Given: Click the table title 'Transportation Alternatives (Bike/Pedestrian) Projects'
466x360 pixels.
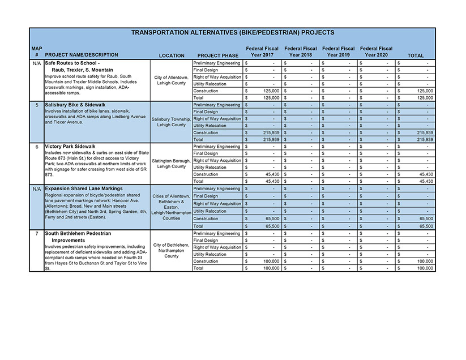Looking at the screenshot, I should [233, 33].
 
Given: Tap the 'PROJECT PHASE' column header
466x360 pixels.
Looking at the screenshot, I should [218, 55].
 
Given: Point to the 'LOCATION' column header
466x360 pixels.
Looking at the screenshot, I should [172, 55].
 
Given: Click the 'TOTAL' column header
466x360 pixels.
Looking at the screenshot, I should [416, 55].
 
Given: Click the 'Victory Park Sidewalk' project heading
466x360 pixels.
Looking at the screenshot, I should [70, 147].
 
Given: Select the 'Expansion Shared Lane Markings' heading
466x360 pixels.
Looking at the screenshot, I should [83, 188].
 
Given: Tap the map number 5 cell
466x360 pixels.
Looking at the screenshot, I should [36, 105].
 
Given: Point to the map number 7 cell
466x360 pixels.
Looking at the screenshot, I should [36, 233].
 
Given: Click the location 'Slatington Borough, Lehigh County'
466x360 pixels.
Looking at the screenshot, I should [172, 164].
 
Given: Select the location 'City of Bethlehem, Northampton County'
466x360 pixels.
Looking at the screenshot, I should [172, 250].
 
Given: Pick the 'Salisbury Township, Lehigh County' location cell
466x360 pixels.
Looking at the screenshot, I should [172, 122].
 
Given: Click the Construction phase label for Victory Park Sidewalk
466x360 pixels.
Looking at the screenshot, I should [206, 174].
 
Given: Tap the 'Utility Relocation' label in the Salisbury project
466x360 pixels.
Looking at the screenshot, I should [210, 126].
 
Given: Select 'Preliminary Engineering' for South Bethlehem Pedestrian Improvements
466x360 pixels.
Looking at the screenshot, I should [217, 233].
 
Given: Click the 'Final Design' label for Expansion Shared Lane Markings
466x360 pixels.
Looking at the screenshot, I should [206, 196].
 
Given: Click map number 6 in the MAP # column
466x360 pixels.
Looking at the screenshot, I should [36, 147].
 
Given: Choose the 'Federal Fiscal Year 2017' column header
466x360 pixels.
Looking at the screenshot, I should [262, 52].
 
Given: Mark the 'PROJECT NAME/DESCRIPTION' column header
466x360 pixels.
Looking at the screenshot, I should [82, 55].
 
